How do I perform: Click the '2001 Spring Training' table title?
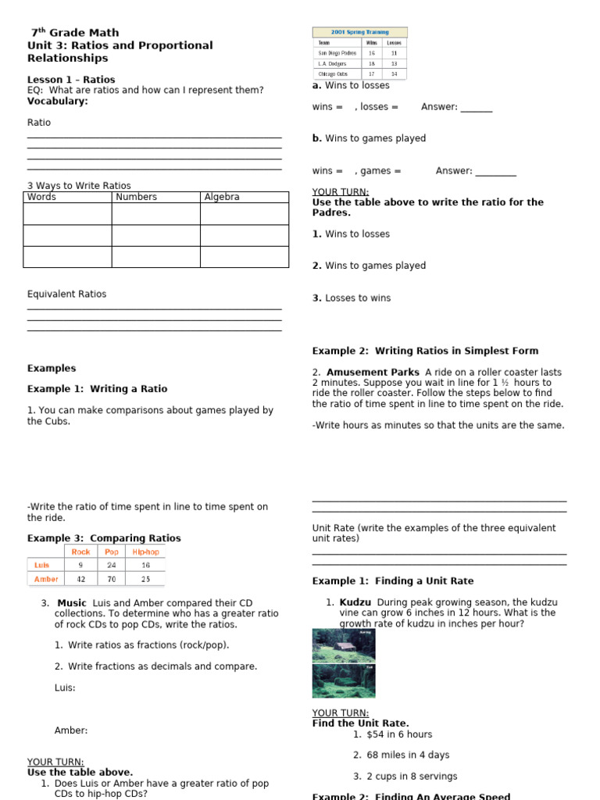pos(359,32)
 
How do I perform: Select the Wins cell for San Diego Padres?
pos(372,53)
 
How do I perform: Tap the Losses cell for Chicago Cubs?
pos(395,73)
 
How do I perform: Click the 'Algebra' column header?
pos(222,197)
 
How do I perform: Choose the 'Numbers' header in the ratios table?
pos(136,197)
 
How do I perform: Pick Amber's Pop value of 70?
pos(112,579)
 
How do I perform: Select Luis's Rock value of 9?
pos(80,565)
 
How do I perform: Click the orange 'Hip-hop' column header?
pos(145,552)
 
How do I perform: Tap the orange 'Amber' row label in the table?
pos(46,579)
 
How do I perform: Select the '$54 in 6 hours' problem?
pos(398,734)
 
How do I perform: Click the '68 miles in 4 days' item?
pos(407,755)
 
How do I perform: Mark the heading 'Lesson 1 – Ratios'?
pos(71,80)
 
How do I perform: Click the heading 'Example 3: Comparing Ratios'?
pos(104,538)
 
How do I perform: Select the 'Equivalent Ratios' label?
pos(66,295)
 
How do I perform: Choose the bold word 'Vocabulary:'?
pos(58,101)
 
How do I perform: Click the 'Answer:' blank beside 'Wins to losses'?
pos(476,107)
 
